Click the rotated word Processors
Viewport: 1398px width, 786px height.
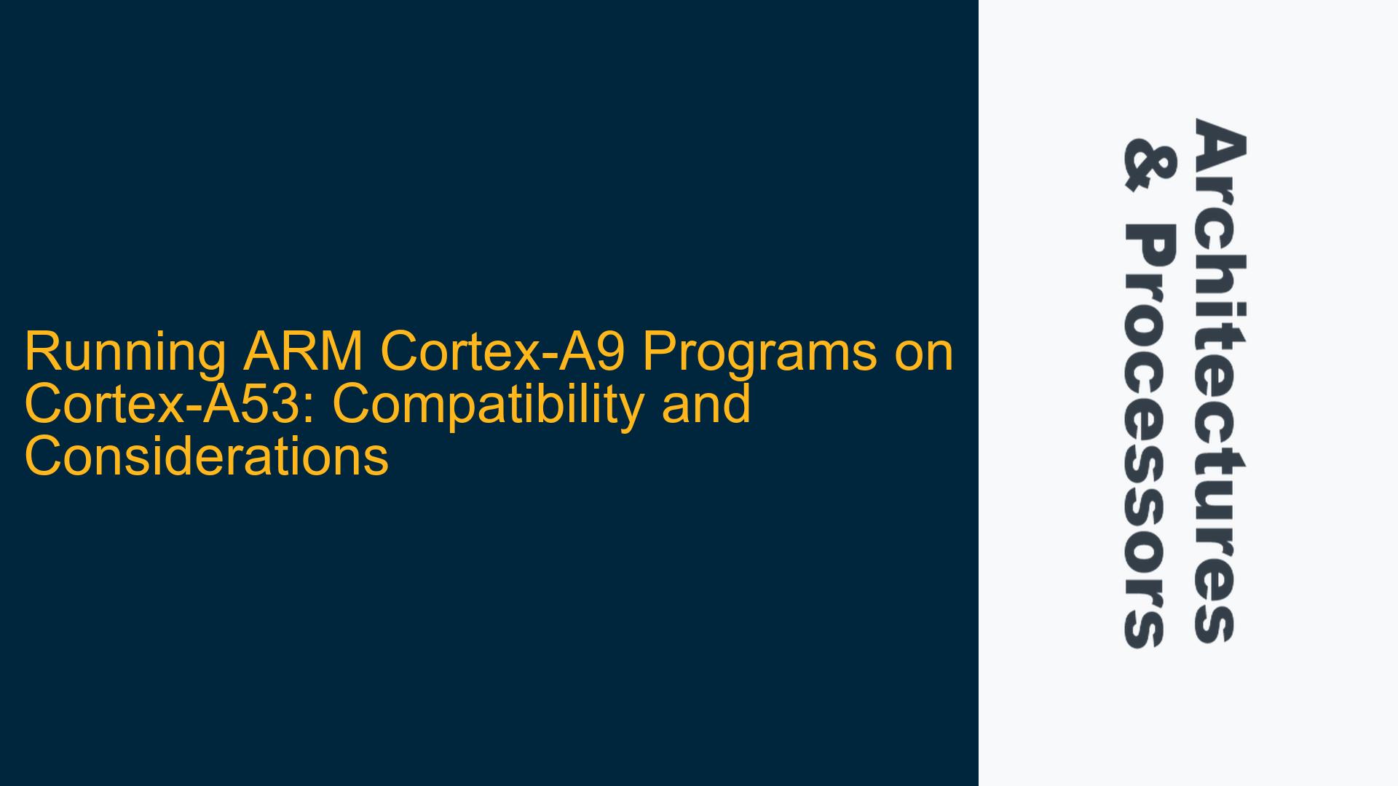pos(1150,435)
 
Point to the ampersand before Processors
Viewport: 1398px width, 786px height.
pos(1150,167)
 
